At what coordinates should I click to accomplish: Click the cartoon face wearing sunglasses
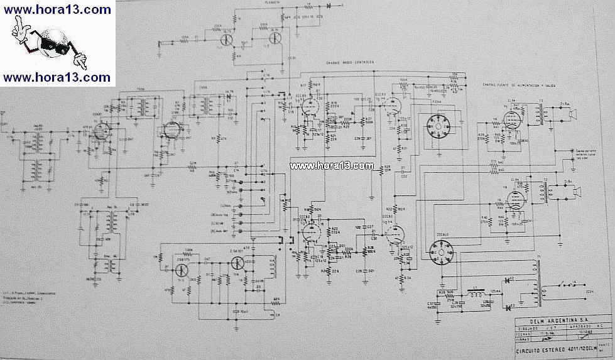48,43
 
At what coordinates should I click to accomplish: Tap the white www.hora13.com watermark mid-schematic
332,166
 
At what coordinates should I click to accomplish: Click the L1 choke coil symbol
470,292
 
